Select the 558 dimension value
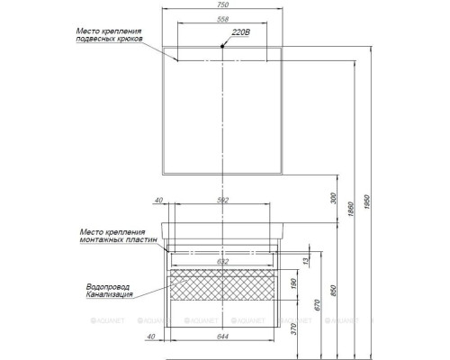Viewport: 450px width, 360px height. click(x=222, y=22)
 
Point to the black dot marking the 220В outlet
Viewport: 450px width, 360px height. click(x=223, y=44)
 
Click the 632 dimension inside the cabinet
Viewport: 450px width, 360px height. click(x=222, y=262)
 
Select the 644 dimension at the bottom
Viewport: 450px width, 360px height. click(x=222, y=337)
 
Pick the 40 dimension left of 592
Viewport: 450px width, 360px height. click(x=158, y=201)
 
